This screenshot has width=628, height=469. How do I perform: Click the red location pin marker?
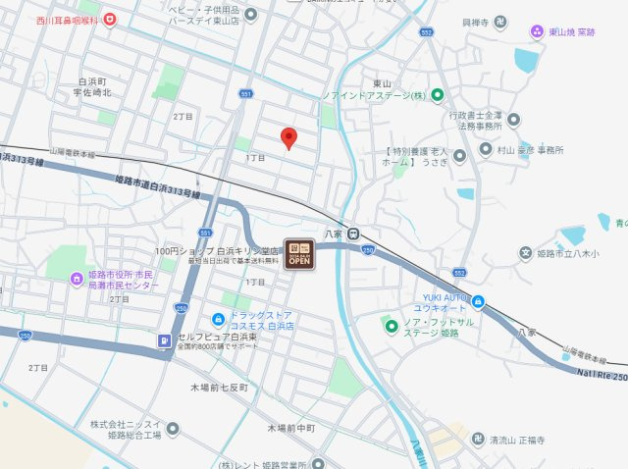[x=288, y=138]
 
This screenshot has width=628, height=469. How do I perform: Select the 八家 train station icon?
[x=354, y=234]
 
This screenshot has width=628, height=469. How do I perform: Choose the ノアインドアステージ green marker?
[x=439, y=95]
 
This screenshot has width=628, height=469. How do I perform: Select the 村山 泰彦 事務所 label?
[x=530, y=150]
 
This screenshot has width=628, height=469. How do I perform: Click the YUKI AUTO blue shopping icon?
[x=479, y=301]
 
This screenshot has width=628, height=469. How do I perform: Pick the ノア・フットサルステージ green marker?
[x=391, y=326]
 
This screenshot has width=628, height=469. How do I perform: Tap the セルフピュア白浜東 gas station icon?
[x=163, y=341]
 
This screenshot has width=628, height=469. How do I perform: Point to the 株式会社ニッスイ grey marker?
[x=173, y=429]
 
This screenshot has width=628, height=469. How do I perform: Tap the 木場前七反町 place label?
[x=225, y=388]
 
